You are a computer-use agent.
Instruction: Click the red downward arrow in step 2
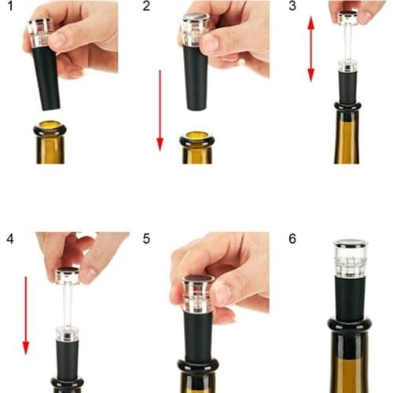pos(160,110)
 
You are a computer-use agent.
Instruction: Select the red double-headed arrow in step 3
pos(310,49)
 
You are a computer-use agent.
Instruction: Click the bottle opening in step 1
pos(50,126)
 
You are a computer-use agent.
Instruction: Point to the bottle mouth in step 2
pos(196,138)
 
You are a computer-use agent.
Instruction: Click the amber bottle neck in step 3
pos(347,138)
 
